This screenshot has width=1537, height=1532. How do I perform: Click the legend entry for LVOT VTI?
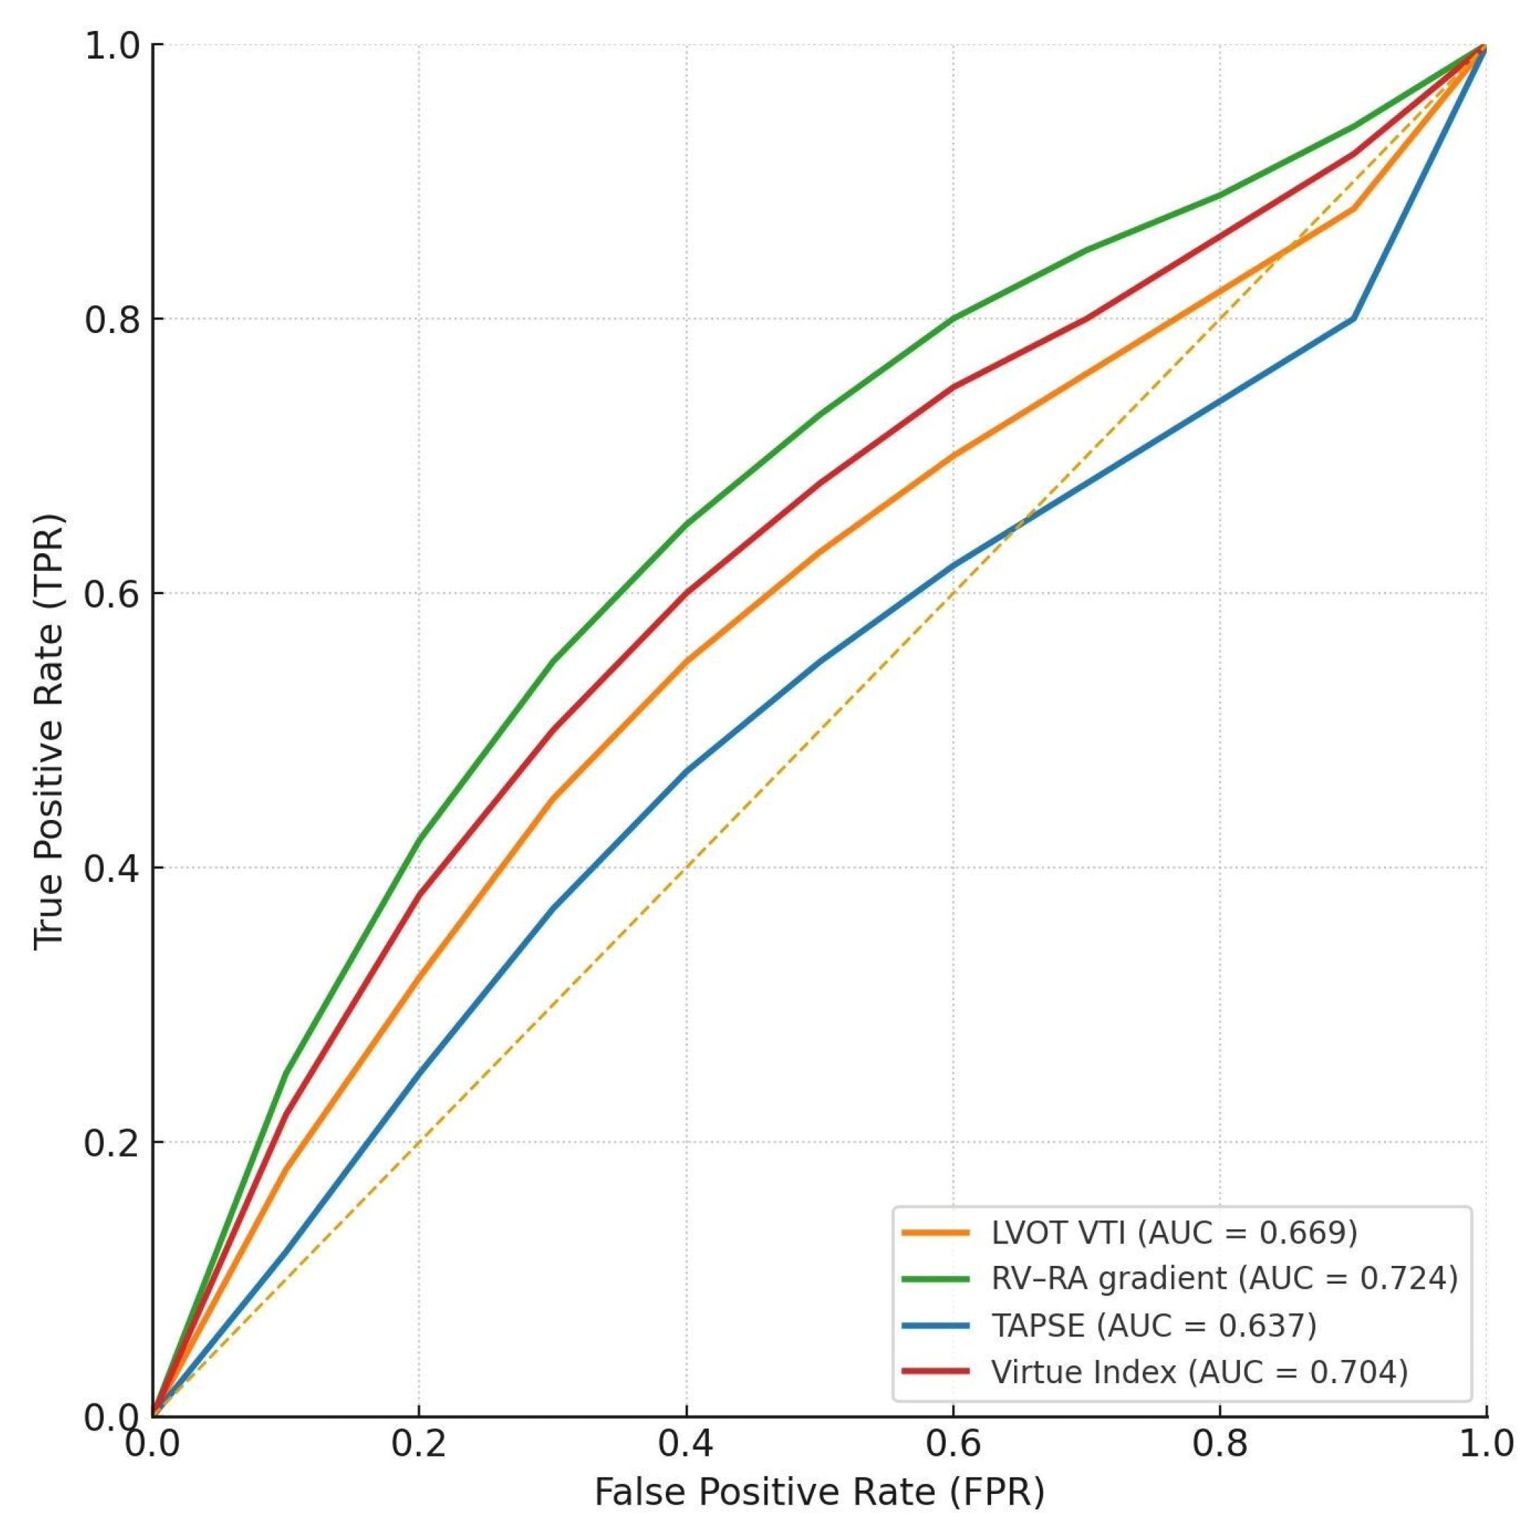1174,1233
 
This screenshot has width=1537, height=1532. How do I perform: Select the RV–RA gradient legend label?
1225,1279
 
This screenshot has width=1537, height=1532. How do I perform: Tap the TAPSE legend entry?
1153,1326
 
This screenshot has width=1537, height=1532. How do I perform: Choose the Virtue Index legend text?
1200,1372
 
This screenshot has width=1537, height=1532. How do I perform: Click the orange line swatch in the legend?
935,1233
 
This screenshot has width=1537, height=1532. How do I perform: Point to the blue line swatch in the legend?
935,1326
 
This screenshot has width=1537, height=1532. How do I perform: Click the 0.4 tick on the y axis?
111,868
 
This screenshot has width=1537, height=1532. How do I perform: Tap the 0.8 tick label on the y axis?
111,319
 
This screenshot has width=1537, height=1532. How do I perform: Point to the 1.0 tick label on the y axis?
111,45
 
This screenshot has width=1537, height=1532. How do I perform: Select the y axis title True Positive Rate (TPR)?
49,732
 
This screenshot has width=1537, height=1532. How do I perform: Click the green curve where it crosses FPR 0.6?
952,318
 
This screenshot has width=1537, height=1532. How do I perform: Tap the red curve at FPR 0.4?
686,593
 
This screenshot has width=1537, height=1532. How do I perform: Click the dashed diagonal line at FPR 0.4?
686,867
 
